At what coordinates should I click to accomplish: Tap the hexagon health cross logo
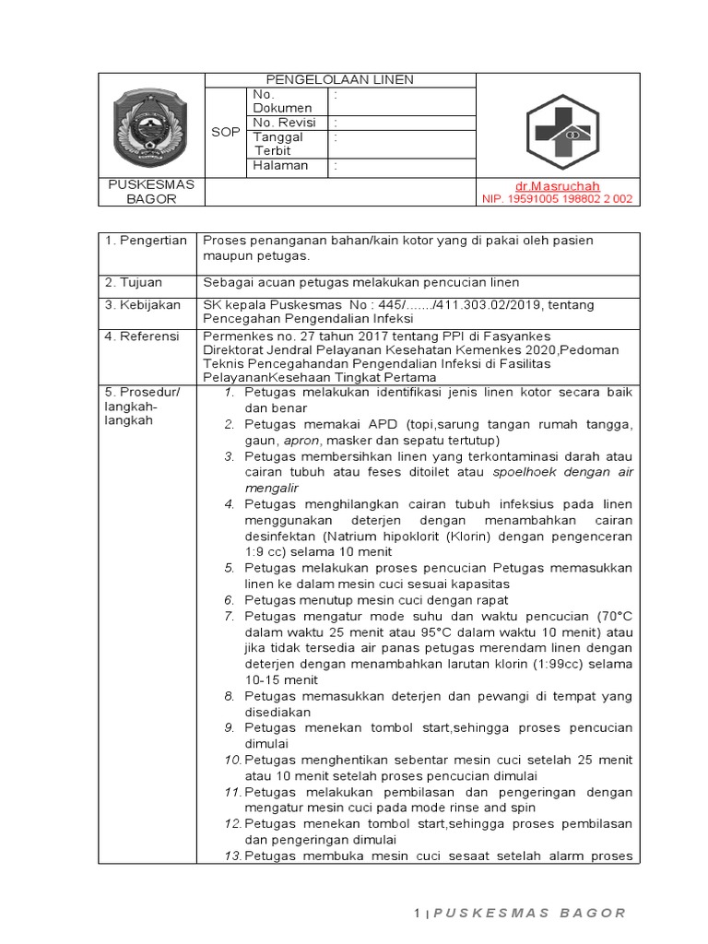point(558,132)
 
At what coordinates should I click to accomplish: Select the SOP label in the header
point(226,132)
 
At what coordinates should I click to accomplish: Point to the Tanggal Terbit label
point(279,144)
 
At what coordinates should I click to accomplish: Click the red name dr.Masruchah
point(558,186)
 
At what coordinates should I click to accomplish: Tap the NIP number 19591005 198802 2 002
point(558,199)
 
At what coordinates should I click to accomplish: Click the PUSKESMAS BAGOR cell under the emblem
point(151,192)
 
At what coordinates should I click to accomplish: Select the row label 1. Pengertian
point(146,241)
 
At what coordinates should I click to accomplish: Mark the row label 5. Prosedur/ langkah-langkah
point(143,407)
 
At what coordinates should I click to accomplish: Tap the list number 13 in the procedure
point(231,855)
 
